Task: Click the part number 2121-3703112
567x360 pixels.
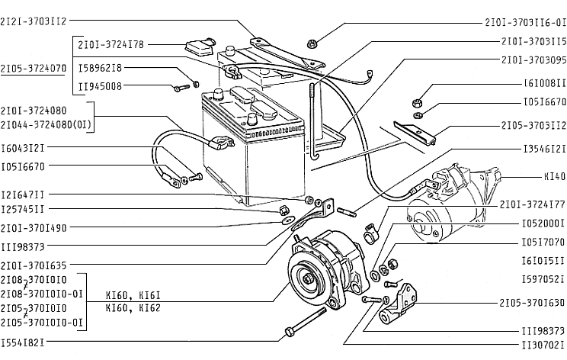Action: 34,21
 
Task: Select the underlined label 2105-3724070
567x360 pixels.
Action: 34,69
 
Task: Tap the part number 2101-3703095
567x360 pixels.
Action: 533,60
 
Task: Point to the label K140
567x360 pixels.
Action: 555,176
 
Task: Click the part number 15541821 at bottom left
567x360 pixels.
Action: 22,342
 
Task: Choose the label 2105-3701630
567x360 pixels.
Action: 532,303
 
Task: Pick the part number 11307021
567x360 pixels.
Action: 543,346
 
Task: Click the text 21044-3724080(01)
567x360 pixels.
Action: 46,125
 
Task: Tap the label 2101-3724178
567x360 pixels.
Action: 111,45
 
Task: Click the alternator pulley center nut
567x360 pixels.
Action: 309,279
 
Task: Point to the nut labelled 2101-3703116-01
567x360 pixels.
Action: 312,44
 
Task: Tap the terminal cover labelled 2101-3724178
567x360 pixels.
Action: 200,47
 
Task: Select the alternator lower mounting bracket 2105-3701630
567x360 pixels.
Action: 398,306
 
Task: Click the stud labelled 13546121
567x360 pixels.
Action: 347,212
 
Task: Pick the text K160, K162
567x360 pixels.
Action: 133,308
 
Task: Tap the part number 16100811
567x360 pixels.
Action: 545,84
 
